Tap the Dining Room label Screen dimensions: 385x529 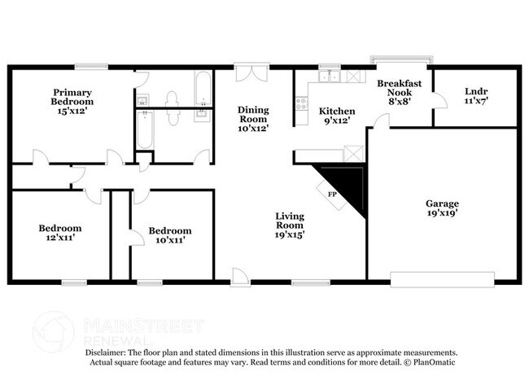pyautogui.click(x=253, y=118)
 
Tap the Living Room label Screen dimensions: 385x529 pyautogui.click(x=290, y=225)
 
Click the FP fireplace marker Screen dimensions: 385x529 pyautogui.click(x=332, y=195)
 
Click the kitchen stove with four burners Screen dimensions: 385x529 pyautogui.click(x=301, y=104)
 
